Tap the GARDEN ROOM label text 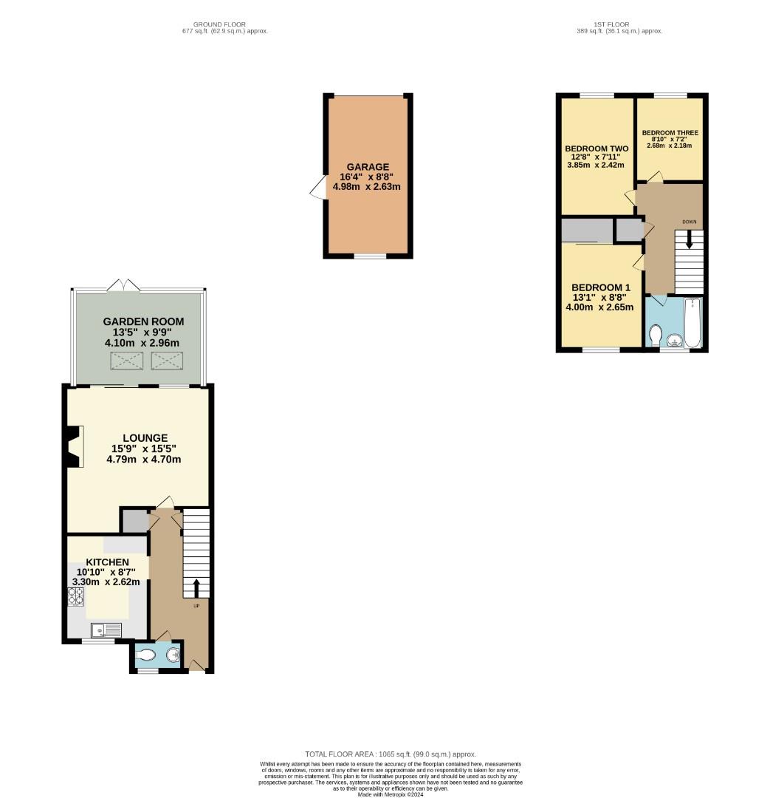point(143,321)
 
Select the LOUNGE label point(145,438)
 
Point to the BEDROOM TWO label point(597,149)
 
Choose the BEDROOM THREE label point(670,133)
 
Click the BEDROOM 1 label point(601,287)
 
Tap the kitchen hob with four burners point(76,596)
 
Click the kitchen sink point(106,630)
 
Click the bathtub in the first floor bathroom point(693,323)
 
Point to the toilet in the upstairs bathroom point(655,335)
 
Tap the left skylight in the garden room point(126,361)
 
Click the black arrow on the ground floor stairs point(196,587)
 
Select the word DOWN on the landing point(689,222)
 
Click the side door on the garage point(317,188)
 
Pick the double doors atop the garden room point(123,285)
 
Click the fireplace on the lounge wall point(73,446)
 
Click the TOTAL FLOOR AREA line point(385,754)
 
